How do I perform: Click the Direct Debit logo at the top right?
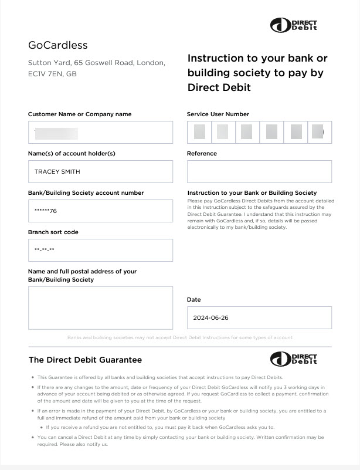click(x=294, y=25)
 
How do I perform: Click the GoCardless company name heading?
click(x=57, y=45)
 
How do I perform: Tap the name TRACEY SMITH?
click(x=57, y=172)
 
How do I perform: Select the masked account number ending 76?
click(x=46, y=211)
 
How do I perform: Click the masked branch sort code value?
click(x=45, y=251)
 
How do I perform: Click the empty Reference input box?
click(x=259, y=172)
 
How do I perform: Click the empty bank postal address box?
click(x=100, y=307)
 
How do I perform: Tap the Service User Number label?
click(x=218, y=114)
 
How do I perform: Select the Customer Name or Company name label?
click(x=80, y=114)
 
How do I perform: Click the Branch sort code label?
click(x=53, y=232)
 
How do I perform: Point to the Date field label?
click(x=193, y=300)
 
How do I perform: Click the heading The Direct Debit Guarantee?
click(x=85, y=360)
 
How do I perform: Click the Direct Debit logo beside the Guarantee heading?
click(x=294, y=359)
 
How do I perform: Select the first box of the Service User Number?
click(x=199, y=131)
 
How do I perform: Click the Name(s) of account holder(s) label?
click(x=72, y=154)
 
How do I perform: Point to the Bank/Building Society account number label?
click(x=86, y=193)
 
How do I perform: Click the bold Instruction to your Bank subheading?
click(x=252, y=193)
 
